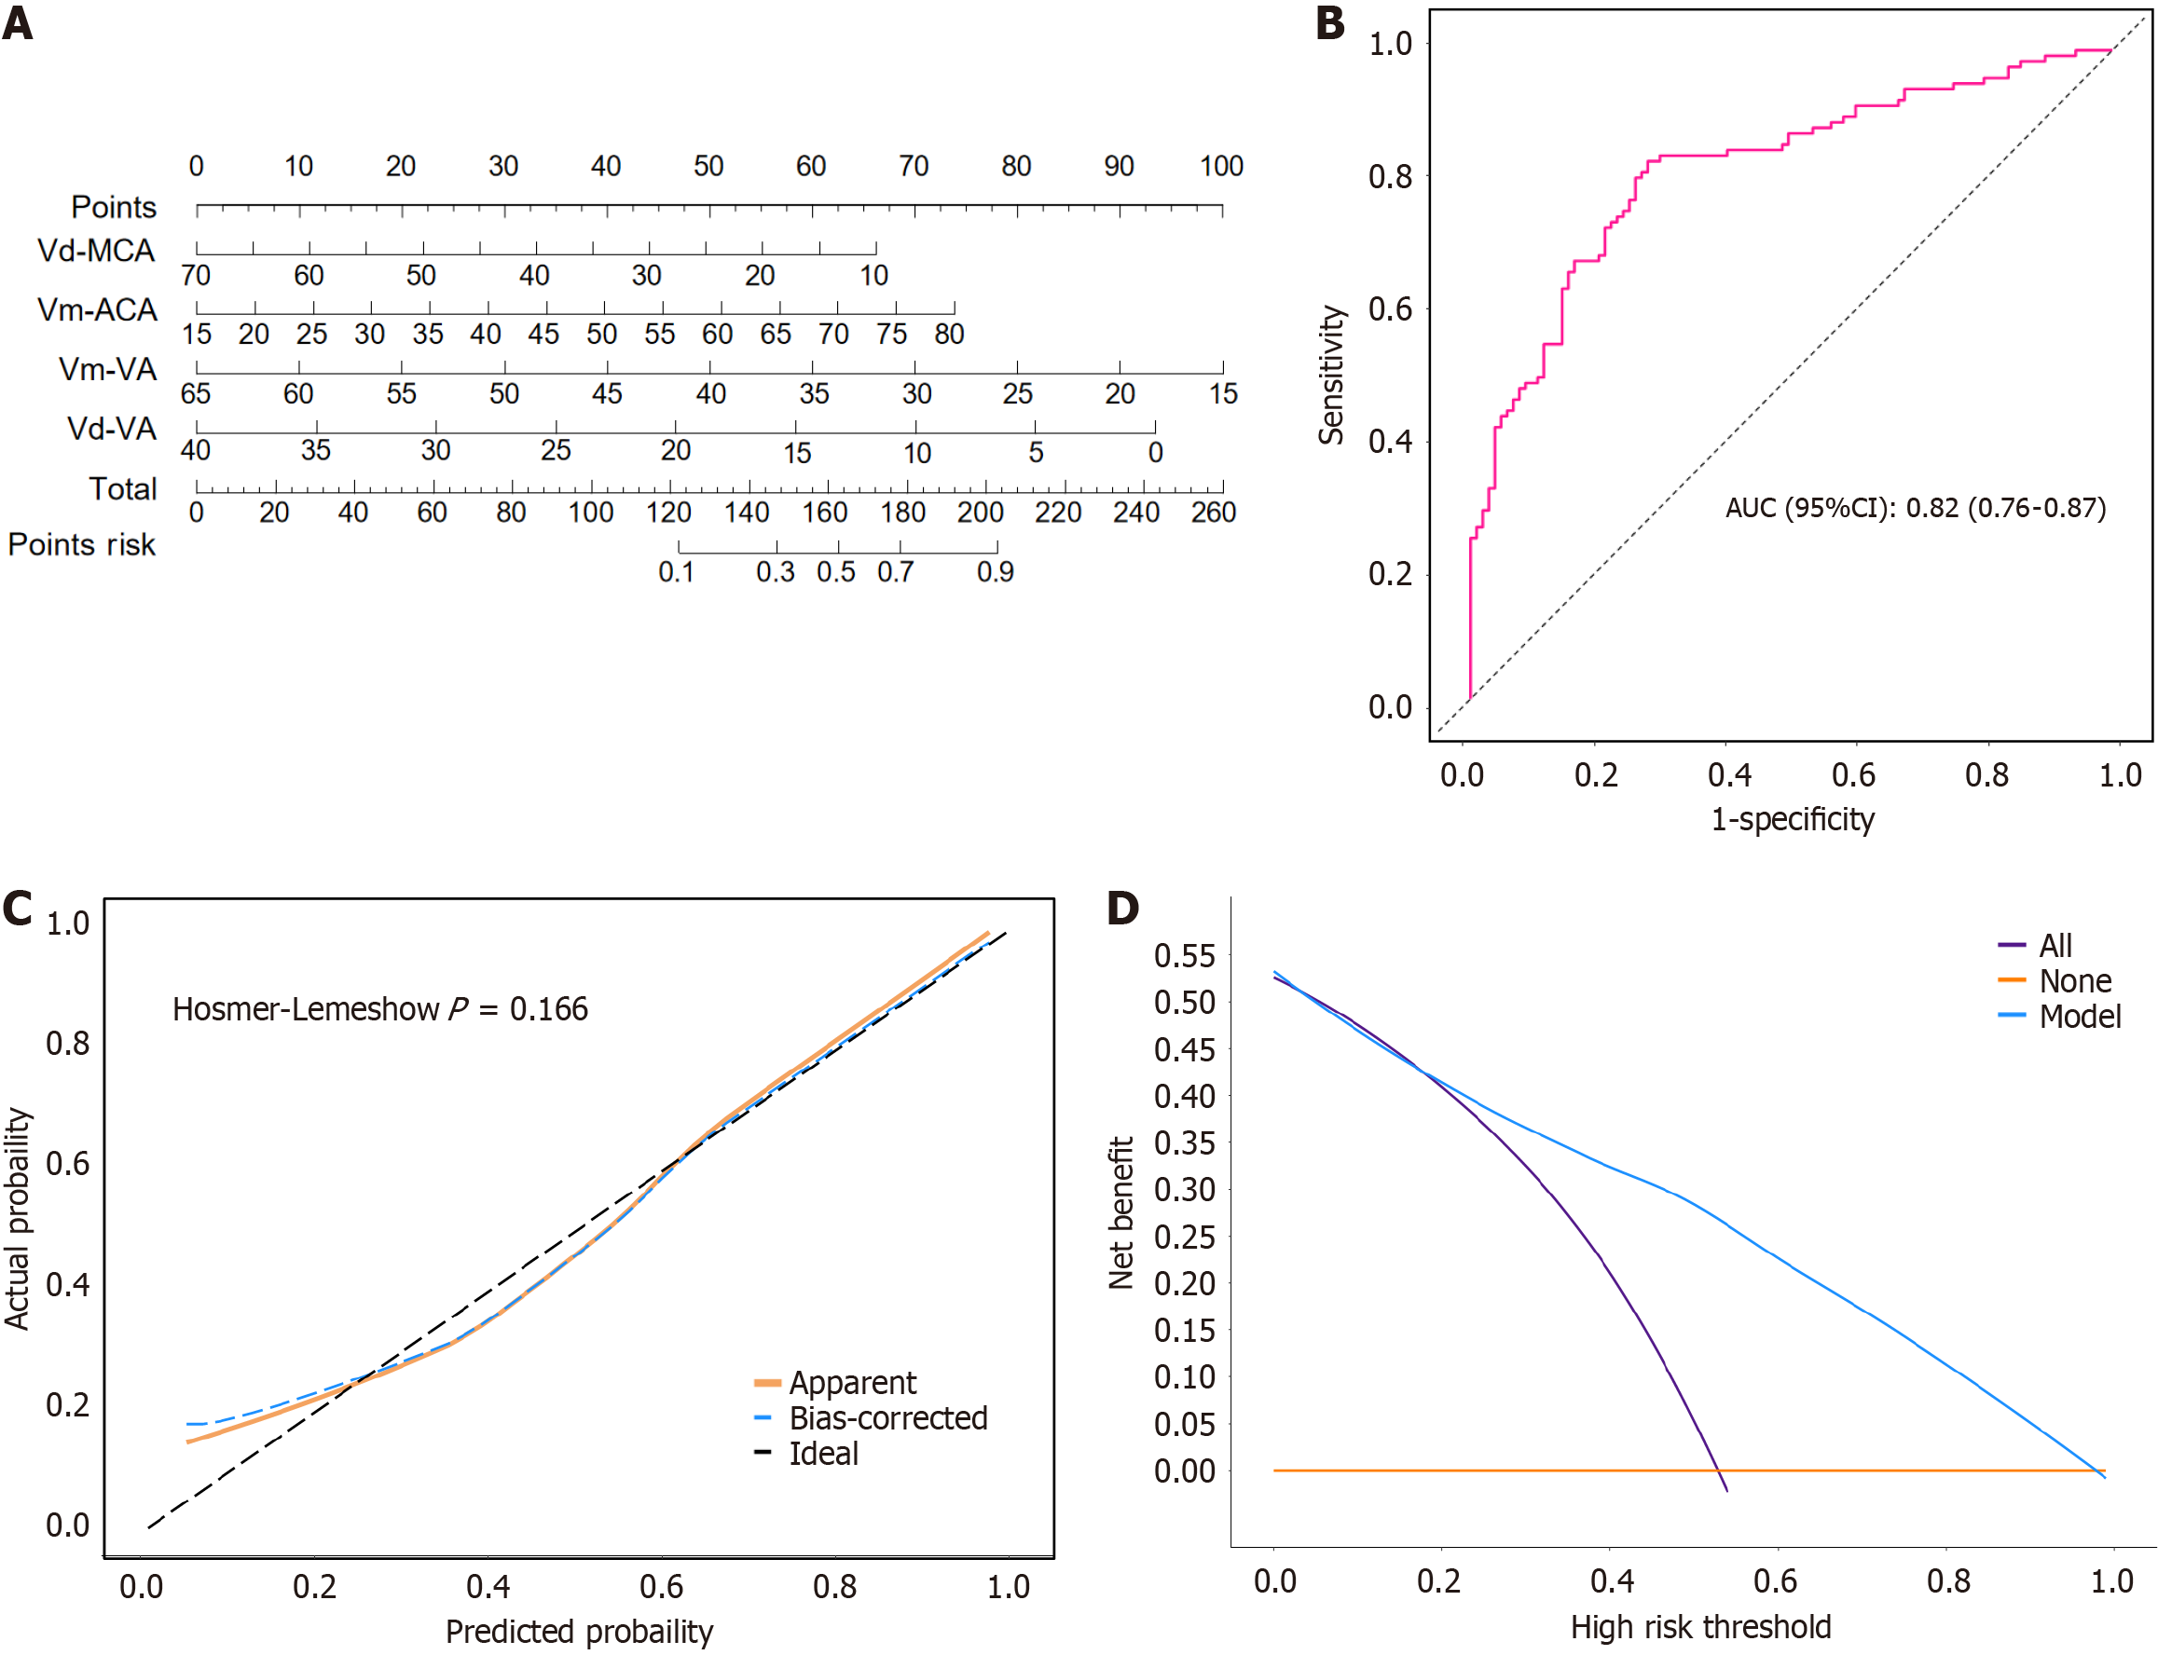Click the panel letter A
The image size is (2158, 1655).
(x=18, y=22)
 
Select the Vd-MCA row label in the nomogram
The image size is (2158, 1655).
(x=96, y=251)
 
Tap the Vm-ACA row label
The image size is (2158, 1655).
(x=97, y=309)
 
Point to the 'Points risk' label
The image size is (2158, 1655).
(x=82, y=545)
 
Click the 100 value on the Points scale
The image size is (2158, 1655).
(x=1221, y=166)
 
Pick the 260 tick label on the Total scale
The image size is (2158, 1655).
(x=1213, y=513)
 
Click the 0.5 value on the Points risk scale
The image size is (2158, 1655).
(x=835, y=572)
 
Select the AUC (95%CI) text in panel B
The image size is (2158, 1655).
(x=1916, y=507)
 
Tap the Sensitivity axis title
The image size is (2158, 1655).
(x=1331, y=375)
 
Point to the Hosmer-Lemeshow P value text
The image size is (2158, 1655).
(x=379, y=1009)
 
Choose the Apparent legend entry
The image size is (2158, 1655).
(x=852, y=1382)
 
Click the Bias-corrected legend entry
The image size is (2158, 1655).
(x=887, y=1417)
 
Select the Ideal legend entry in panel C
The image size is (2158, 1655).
(x=824, y=1453)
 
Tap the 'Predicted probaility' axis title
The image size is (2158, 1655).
(x=579, y=1632)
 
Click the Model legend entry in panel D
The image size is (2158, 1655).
(x=2079, y=1016)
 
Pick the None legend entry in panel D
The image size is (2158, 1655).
(x=2075, y=980)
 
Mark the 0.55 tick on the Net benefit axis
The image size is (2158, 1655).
(x=1185, y=954)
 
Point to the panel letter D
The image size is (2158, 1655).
(x=1122, y=908)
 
